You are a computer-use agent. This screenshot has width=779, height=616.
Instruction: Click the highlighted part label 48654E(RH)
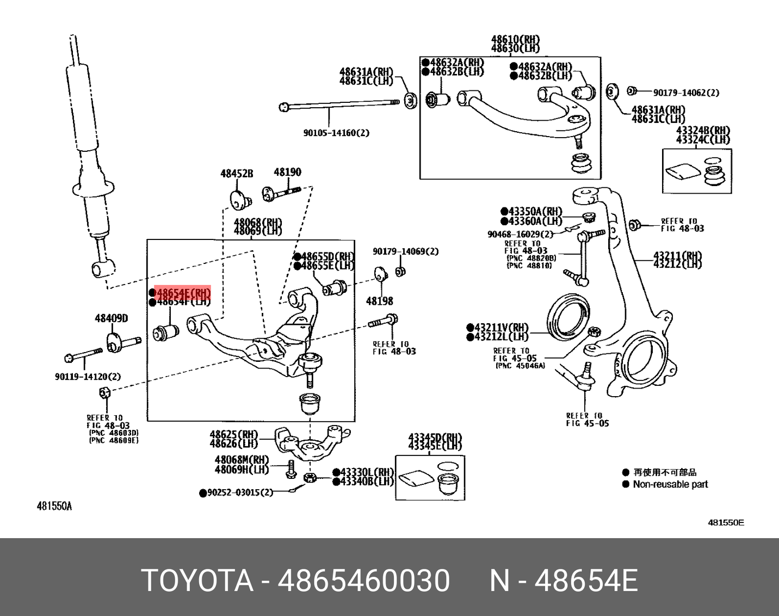coord(183,293)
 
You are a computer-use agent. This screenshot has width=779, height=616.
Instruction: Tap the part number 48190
coord(287,173)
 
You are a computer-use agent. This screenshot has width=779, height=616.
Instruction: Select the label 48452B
coord(237,174)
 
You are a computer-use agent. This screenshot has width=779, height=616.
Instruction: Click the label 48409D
coord(112,318)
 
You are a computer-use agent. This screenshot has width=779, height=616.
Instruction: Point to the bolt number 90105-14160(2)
coord(336,133)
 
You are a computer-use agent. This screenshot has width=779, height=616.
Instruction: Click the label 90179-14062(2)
coord(686,93)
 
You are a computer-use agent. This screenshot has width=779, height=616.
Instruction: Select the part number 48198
coord(380,301)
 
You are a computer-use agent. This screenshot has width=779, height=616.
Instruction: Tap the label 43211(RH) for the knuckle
coord(677,255)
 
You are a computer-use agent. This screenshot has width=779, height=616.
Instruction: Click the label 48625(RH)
coord(234,435)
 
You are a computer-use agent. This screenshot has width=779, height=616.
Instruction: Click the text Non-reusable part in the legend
coord(670,484)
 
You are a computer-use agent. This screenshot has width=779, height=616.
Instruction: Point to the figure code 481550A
coord(54,507)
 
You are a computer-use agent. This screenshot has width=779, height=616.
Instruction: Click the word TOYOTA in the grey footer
coord(197,580)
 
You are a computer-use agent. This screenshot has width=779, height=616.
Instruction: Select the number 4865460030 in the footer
coord(364,580)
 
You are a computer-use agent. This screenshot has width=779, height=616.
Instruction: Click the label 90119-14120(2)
coord(88,377)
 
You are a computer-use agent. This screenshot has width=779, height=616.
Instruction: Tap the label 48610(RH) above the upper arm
coord(515,39)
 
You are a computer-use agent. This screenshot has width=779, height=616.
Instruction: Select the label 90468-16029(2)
coord(520,234)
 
